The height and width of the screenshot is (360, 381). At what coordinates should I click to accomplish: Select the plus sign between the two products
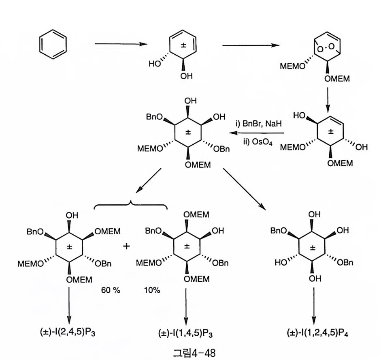(127, 246)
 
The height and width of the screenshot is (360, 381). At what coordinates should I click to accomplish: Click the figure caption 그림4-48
(191, 351)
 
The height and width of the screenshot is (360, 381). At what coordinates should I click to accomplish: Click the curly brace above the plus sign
(130, 206)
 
